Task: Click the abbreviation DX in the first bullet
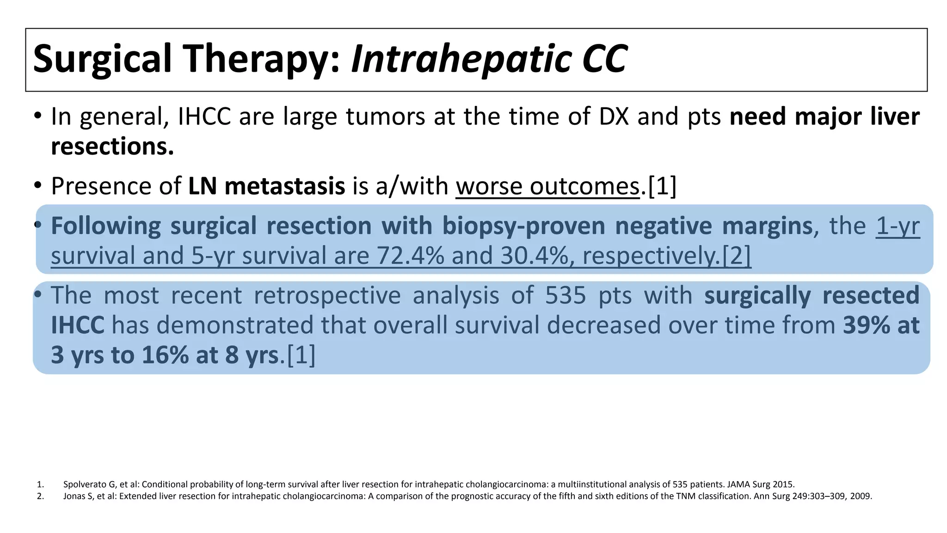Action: click(x=614, y=117)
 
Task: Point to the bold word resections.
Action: click(x=112, y=147)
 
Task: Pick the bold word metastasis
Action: click(x=284, y=186)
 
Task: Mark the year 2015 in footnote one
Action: click(x=784, y=484)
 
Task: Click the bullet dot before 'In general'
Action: click(x=38, y=115)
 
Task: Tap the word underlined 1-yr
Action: click(x=898, y=226)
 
